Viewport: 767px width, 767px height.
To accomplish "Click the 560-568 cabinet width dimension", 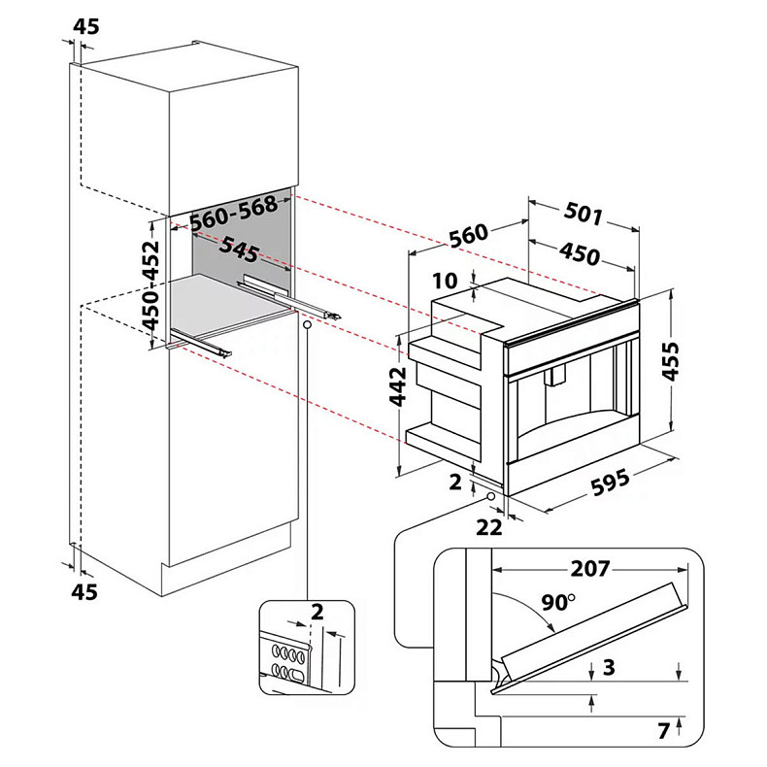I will point(234,214).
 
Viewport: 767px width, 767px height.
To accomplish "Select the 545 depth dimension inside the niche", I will point(239,250).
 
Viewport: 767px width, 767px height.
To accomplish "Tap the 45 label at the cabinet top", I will point(86,27).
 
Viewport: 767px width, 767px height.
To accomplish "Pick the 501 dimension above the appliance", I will point(584,214).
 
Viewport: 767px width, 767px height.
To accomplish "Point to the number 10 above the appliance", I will point(445,281).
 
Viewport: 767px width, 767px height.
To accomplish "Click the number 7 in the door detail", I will point(663,730).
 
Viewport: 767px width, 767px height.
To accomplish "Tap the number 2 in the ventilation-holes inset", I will point(317,612).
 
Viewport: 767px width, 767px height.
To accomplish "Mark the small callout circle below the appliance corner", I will point(489,497).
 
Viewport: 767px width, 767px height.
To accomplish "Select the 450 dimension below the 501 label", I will point(579,254).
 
